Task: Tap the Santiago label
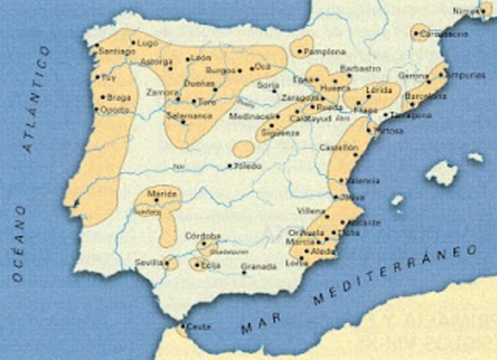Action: [116, 51]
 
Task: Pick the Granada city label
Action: [259, 267]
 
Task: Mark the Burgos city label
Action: [219, 70]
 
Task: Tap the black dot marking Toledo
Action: [230, 165]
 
